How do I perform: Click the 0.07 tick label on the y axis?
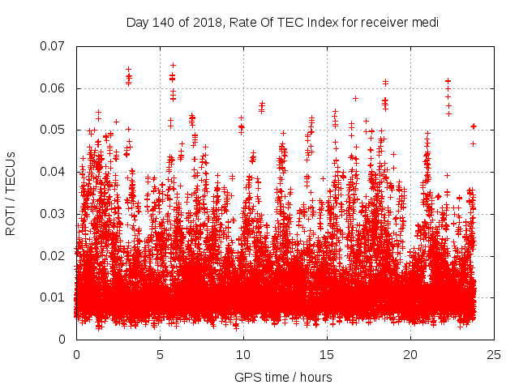click(54, 46)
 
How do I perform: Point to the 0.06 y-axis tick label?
click(54, 88)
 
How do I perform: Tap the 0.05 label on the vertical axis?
click(54, 130)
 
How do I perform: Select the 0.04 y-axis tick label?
click(54, 172)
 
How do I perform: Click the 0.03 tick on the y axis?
click(54, 214)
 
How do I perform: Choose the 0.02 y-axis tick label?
click(54, 255)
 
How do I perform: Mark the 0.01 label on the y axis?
click(54, 297)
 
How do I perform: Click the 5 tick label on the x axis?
click(160, 355)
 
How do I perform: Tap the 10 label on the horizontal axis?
click(243, 355)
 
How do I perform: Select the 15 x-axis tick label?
click(327, 355)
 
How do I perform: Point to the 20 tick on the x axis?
click(410, 355)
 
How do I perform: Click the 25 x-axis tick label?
click(494, 355)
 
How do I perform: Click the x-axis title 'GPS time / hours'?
click(283, 377)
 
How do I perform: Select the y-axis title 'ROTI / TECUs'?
click(11, 193)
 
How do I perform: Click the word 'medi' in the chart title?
click(424, 23)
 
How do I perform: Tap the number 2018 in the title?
click(207, 23)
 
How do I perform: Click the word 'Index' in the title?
click(319, 23)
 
